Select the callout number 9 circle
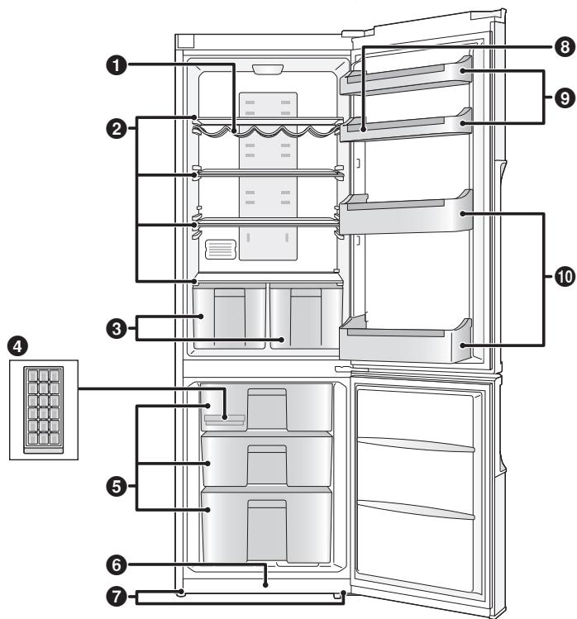[x=565, y=97]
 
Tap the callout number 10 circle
[x=565, y=279]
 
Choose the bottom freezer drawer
[x=266, y=524]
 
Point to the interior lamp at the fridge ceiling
[x=266, y=70]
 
